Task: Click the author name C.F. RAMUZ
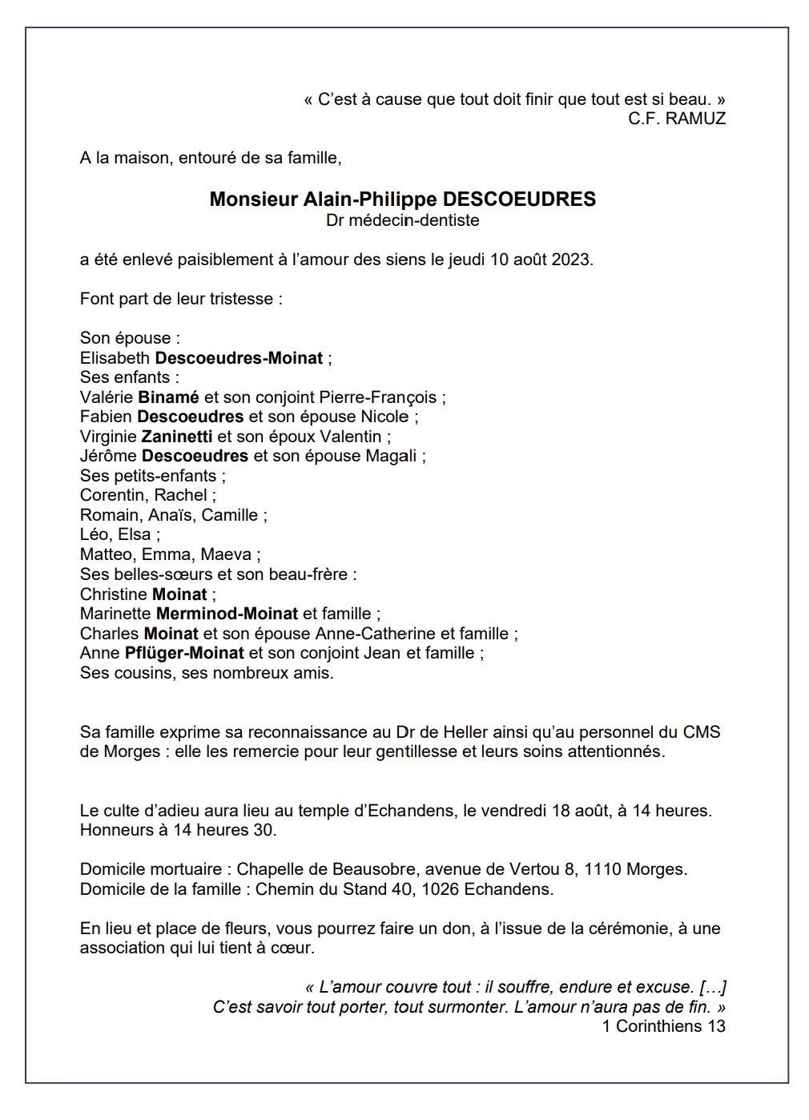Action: pos(677,119)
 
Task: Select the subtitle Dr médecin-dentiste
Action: pos(403,220)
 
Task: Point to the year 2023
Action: pos(571,260)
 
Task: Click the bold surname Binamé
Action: pos(168,397)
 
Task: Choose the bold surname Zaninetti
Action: pos(176,437)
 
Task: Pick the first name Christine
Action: pos(114,594)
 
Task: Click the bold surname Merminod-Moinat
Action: pos(227,614)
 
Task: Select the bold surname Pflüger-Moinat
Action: pos(184,653)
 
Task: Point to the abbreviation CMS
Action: pos(701,732)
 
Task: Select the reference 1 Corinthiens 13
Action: pos(663,1026)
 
